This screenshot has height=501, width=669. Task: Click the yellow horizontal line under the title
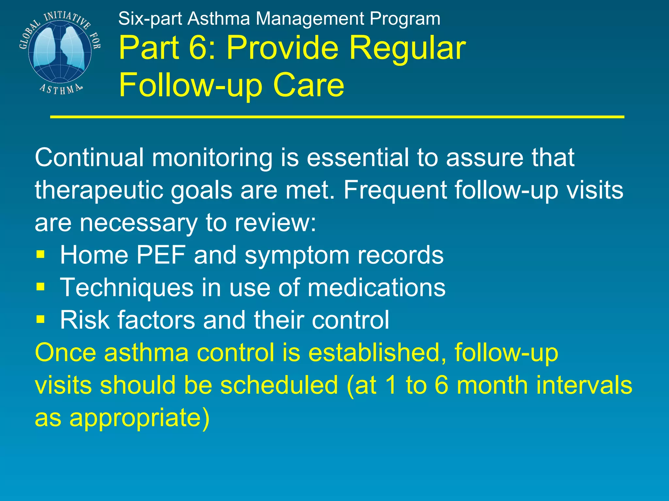(x=336, y=116)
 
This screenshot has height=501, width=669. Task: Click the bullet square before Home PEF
(x=41, y=254)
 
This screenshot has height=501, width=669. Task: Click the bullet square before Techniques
(x=41, y=287)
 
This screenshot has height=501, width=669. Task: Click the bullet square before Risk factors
(x=41, y=319)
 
